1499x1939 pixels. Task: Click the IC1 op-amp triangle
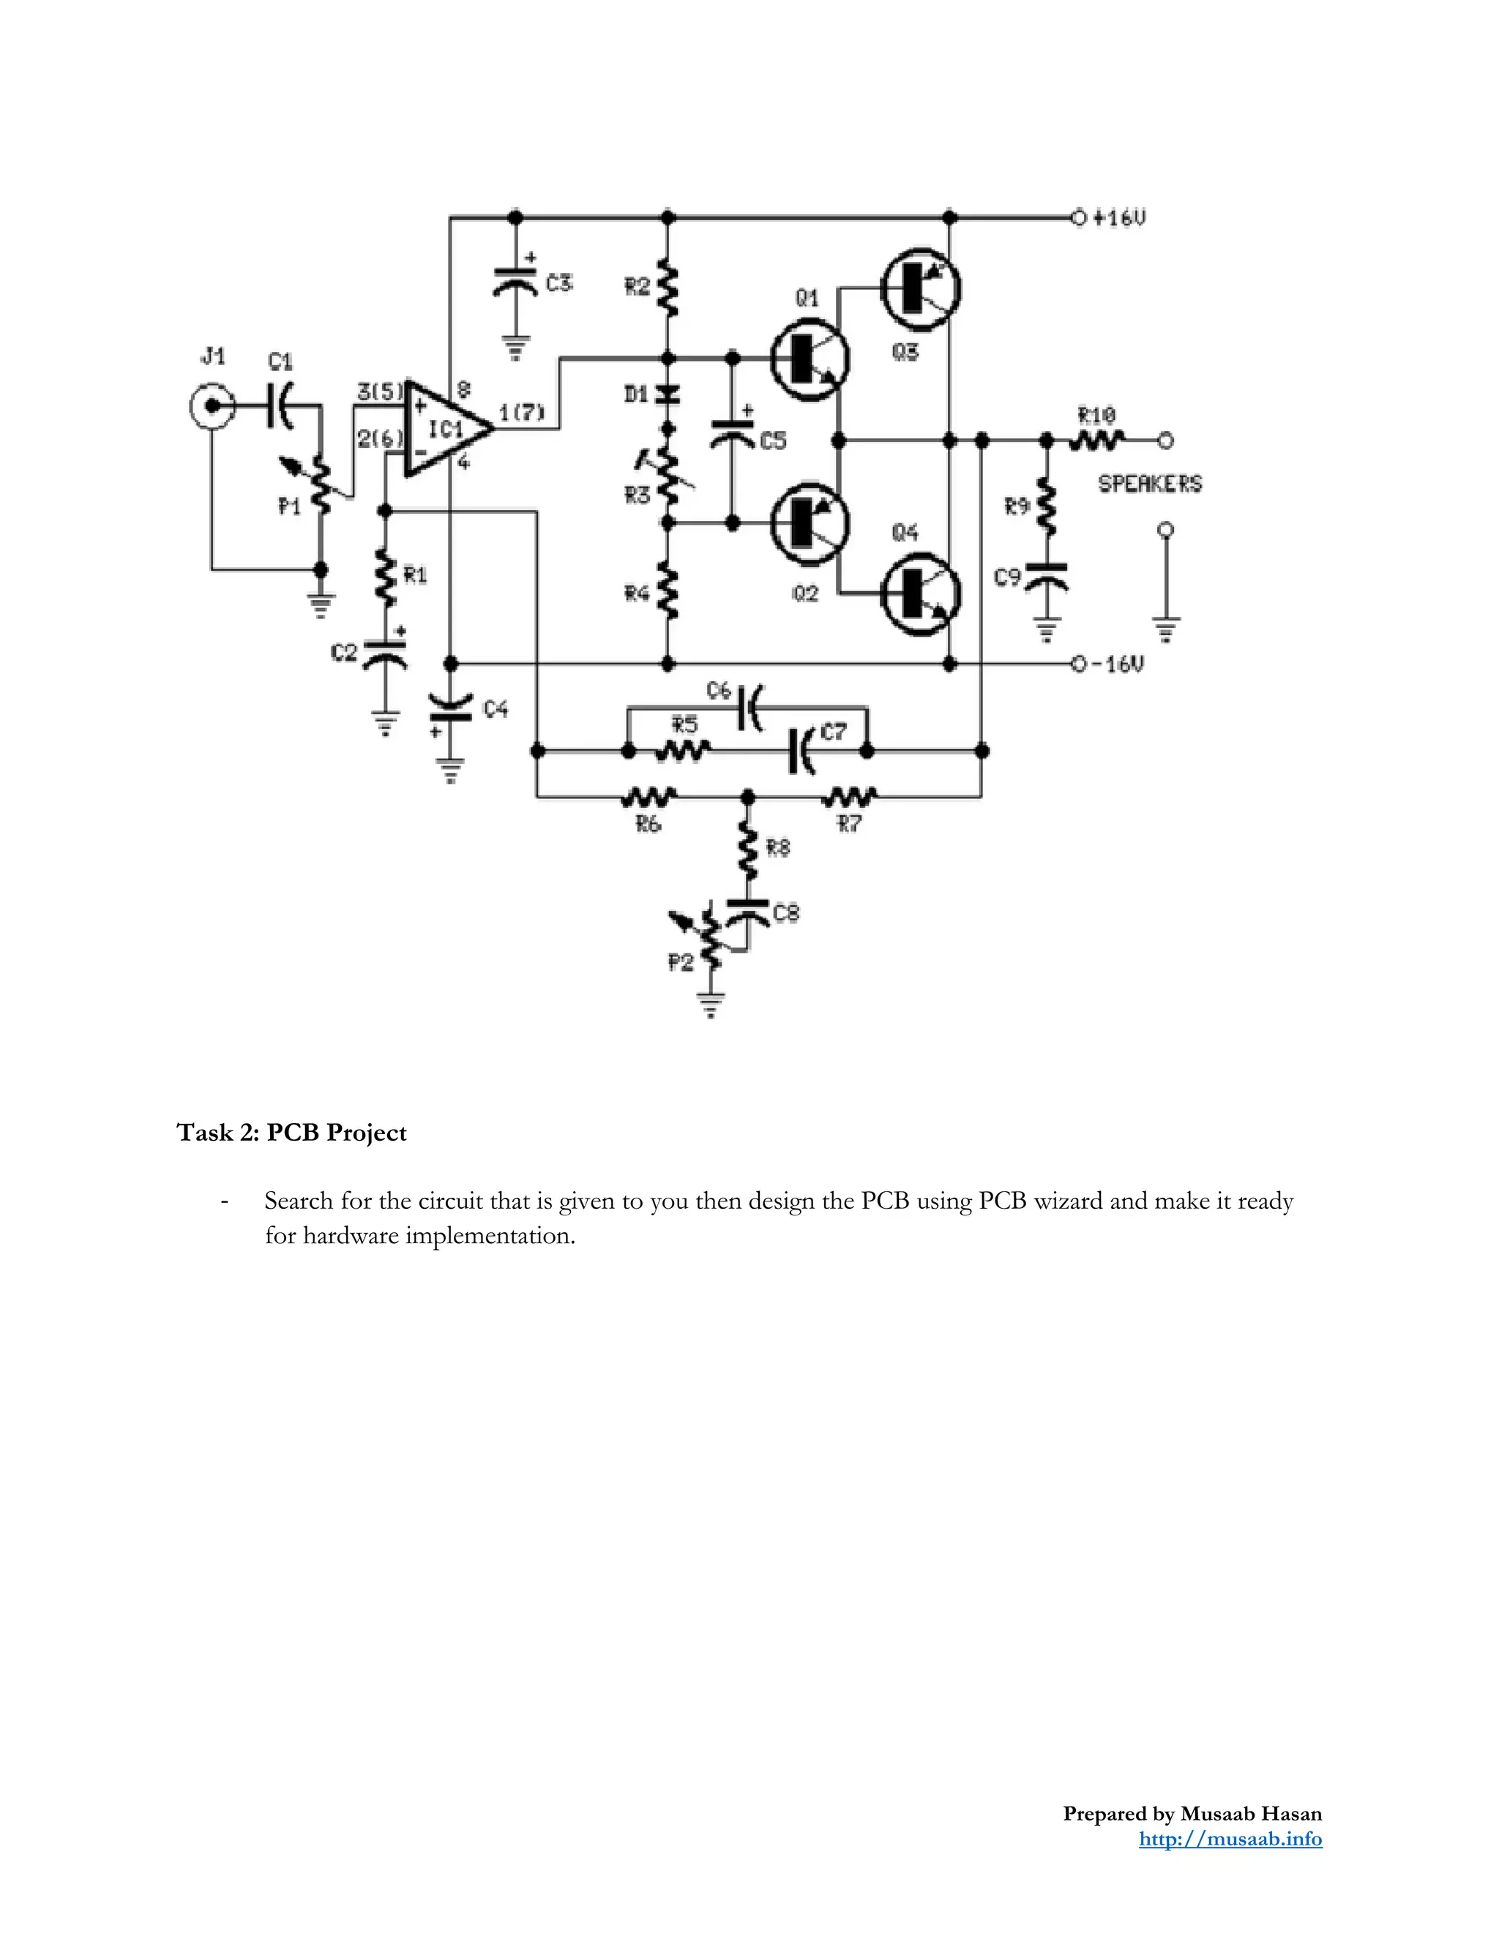pos(444,429)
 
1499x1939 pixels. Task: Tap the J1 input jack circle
pos(212,408)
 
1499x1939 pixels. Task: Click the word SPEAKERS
pos(1149,484)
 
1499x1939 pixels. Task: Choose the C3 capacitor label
pos(559,283)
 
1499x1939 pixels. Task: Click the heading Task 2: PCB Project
pos(291,1133)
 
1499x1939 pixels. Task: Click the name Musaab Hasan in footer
pos(1250,1814)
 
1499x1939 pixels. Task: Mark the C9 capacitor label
pos(1007,578)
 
